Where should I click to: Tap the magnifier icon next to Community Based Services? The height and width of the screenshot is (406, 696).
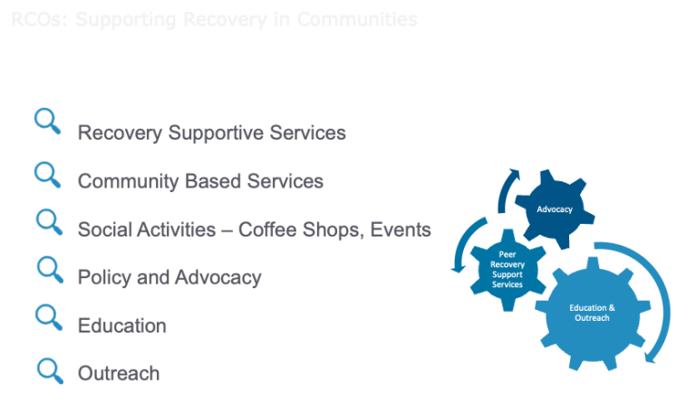point(47,172)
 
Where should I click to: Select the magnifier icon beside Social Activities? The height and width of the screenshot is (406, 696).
point(48,221)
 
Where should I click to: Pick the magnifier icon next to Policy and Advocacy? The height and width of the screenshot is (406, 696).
point(49,268)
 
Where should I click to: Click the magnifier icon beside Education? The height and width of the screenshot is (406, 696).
point(48,317)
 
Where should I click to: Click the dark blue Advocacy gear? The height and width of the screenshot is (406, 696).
point(555,209)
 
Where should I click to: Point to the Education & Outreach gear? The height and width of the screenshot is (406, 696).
point(591,313)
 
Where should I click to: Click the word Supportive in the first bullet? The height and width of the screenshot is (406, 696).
point(211,133)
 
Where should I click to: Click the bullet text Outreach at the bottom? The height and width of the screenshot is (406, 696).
point(119,373)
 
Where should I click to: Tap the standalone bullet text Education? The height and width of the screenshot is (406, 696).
point(122,325)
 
